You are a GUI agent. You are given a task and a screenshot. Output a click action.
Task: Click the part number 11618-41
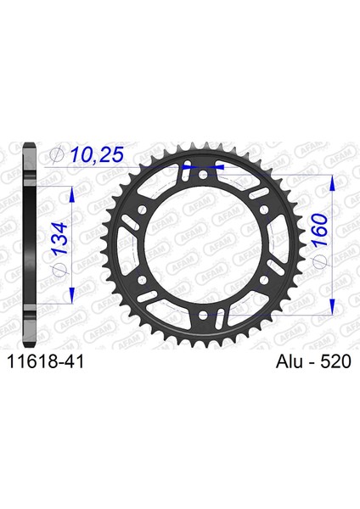46,361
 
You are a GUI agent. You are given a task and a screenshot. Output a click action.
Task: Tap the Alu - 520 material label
313,361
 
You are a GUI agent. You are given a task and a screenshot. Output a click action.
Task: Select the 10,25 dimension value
97,155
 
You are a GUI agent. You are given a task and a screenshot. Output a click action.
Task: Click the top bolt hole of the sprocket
203,176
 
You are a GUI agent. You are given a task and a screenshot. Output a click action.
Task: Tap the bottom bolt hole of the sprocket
203,314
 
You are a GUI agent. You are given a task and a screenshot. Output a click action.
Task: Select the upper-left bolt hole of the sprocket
142,210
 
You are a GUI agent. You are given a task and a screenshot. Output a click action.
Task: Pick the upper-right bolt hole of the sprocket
264,210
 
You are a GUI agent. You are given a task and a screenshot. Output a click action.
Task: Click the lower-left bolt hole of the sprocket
142,279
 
